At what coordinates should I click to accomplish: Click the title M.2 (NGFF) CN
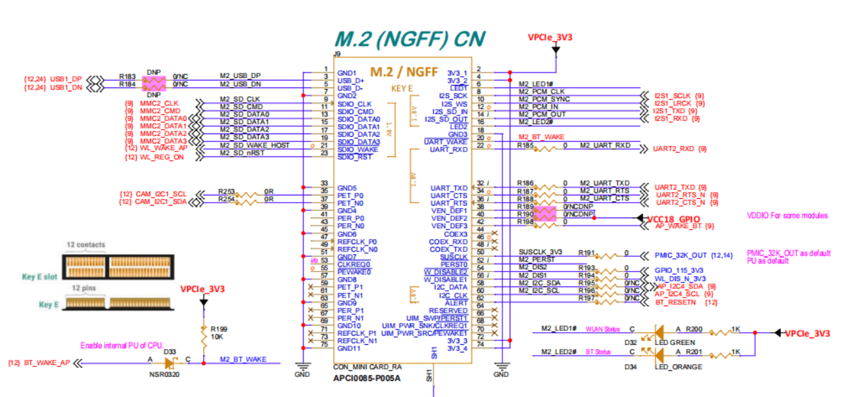click(x=409, y=38)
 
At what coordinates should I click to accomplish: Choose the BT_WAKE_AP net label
click(x=47, y=363)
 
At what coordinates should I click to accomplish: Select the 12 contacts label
click(x=86, y=245)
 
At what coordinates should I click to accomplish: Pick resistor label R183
click(x=127, y=77)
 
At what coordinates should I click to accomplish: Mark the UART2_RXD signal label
click(x=674, y=149)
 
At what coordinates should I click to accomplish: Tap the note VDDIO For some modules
click(x=787, y=216)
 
